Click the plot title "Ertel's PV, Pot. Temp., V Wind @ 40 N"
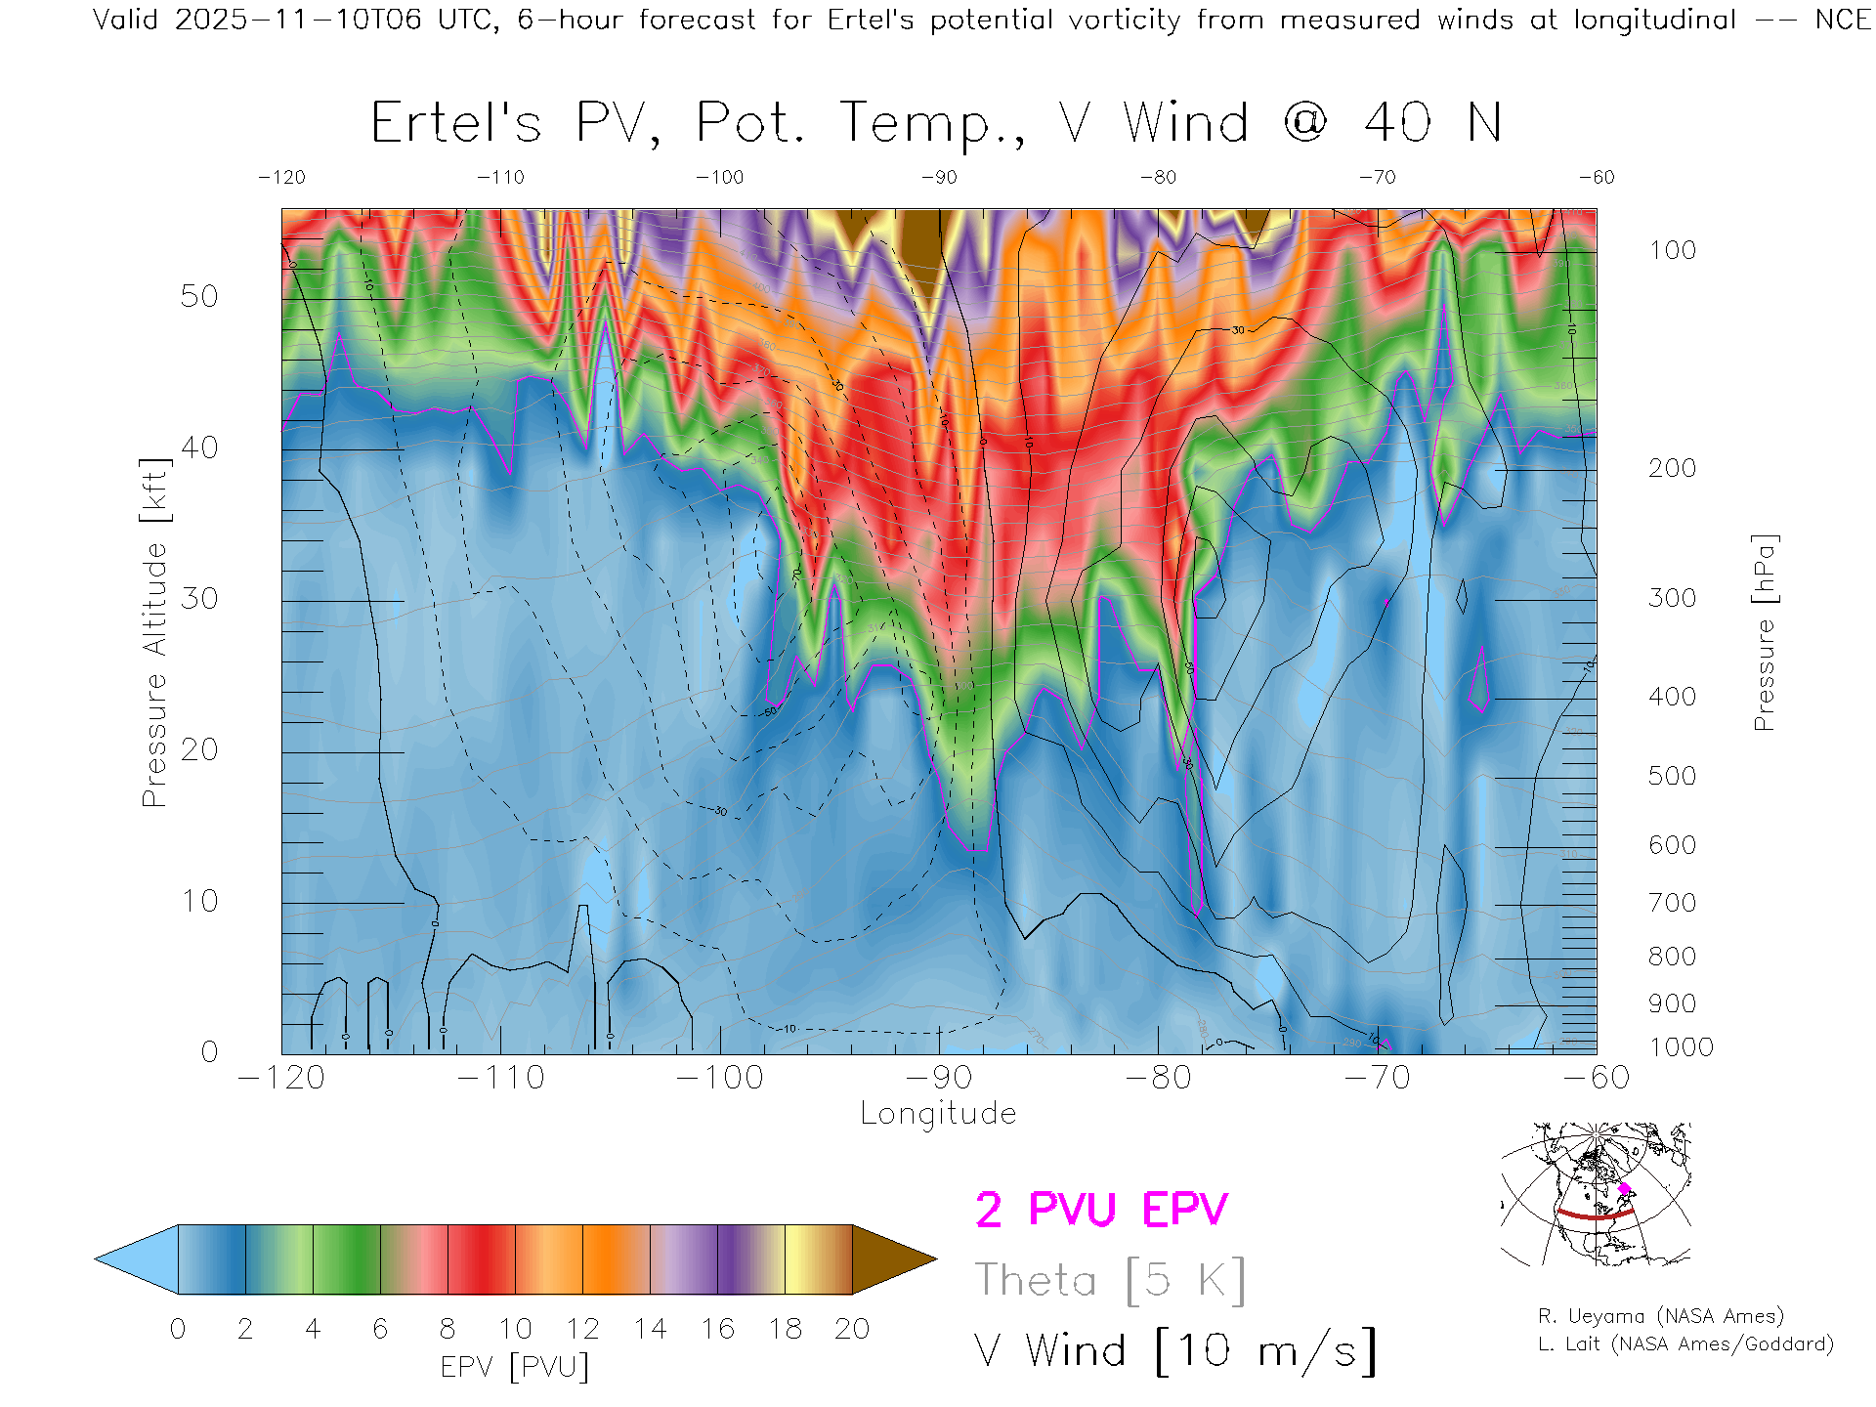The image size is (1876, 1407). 936,123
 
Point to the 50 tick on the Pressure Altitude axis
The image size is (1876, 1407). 199,297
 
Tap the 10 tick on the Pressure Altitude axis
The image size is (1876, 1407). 199,901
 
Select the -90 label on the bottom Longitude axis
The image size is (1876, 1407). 939,1078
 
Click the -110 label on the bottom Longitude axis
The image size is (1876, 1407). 501,1078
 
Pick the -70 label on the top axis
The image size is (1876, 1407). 1377,178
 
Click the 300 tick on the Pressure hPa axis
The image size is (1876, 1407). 1672,598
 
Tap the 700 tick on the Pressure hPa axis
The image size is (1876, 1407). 1672,903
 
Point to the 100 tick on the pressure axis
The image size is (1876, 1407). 1672,251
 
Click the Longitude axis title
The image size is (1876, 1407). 938,1114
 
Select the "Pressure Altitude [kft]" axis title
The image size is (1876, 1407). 154,633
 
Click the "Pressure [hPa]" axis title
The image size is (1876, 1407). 1764,633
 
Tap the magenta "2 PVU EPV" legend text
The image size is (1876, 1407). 1101,1210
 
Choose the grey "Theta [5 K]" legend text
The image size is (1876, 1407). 1110,1280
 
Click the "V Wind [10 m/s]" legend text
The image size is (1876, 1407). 1175,1351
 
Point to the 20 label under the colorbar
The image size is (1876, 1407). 852,1330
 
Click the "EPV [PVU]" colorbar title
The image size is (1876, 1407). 515,1367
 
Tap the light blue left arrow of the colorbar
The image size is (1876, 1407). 137,1259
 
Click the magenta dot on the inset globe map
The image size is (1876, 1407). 1625,1189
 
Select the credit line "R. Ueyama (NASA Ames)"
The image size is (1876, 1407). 1661,1316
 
